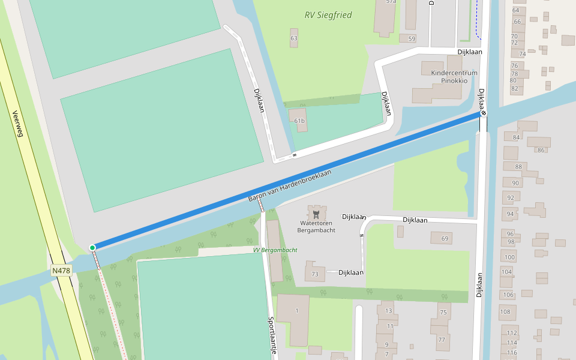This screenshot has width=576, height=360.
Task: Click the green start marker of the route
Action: pyautogui.click(x=92, y=247)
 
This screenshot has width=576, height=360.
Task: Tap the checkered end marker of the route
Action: pyautogui.click(x=484, y=113)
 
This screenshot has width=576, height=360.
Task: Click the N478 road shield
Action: pyautogui.click(x=61, y=271)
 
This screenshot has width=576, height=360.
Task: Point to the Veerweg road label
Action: pyautogui.click(x=17, y=124)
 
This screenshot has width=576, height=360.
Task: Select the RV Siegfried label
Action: pyautogui.click(x=328, y=15)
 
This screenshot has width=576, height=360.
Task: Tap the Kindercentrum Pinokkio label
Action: pyautogui.click(x=454, y=76)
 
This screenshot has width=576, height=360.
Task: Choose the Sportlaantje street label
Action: pyautogui.click(x=272, y=335)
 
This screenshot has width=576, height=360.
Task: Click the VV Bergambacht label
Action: pyautogui.click(x=275, y=250)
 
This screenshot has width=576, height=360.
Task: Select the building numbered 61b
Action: pyautogui.click(x=299, y=121)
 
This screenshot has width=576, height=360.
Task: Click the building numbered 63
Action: pyautogui.click(x=293, y=38)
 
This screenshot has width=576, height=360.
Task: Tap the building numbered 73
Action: pyautogui.click(x=315, y=274)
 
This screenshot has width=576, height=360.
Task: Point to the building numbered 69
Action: pyautogui.click(x=445, y=239)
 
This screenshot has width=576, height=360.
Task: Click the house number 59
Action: pyautogui.click(x=411, y=39)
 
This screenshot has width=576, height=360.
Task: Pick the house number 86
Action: pyautogui.click(x=541, y=150)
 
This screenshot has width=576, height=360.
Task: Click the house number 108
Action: pyautogui.click(x=505, y=311)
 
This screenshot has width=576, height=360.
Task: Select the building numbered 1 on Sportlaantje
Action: pyautogui.click(x=296, y=310)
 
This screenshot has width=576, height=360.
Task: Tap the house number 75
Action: pyautogui.click(x=443, y=313)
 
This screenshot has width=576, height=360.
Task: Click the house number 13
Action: pyautogui.click(x=389, y=310)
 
